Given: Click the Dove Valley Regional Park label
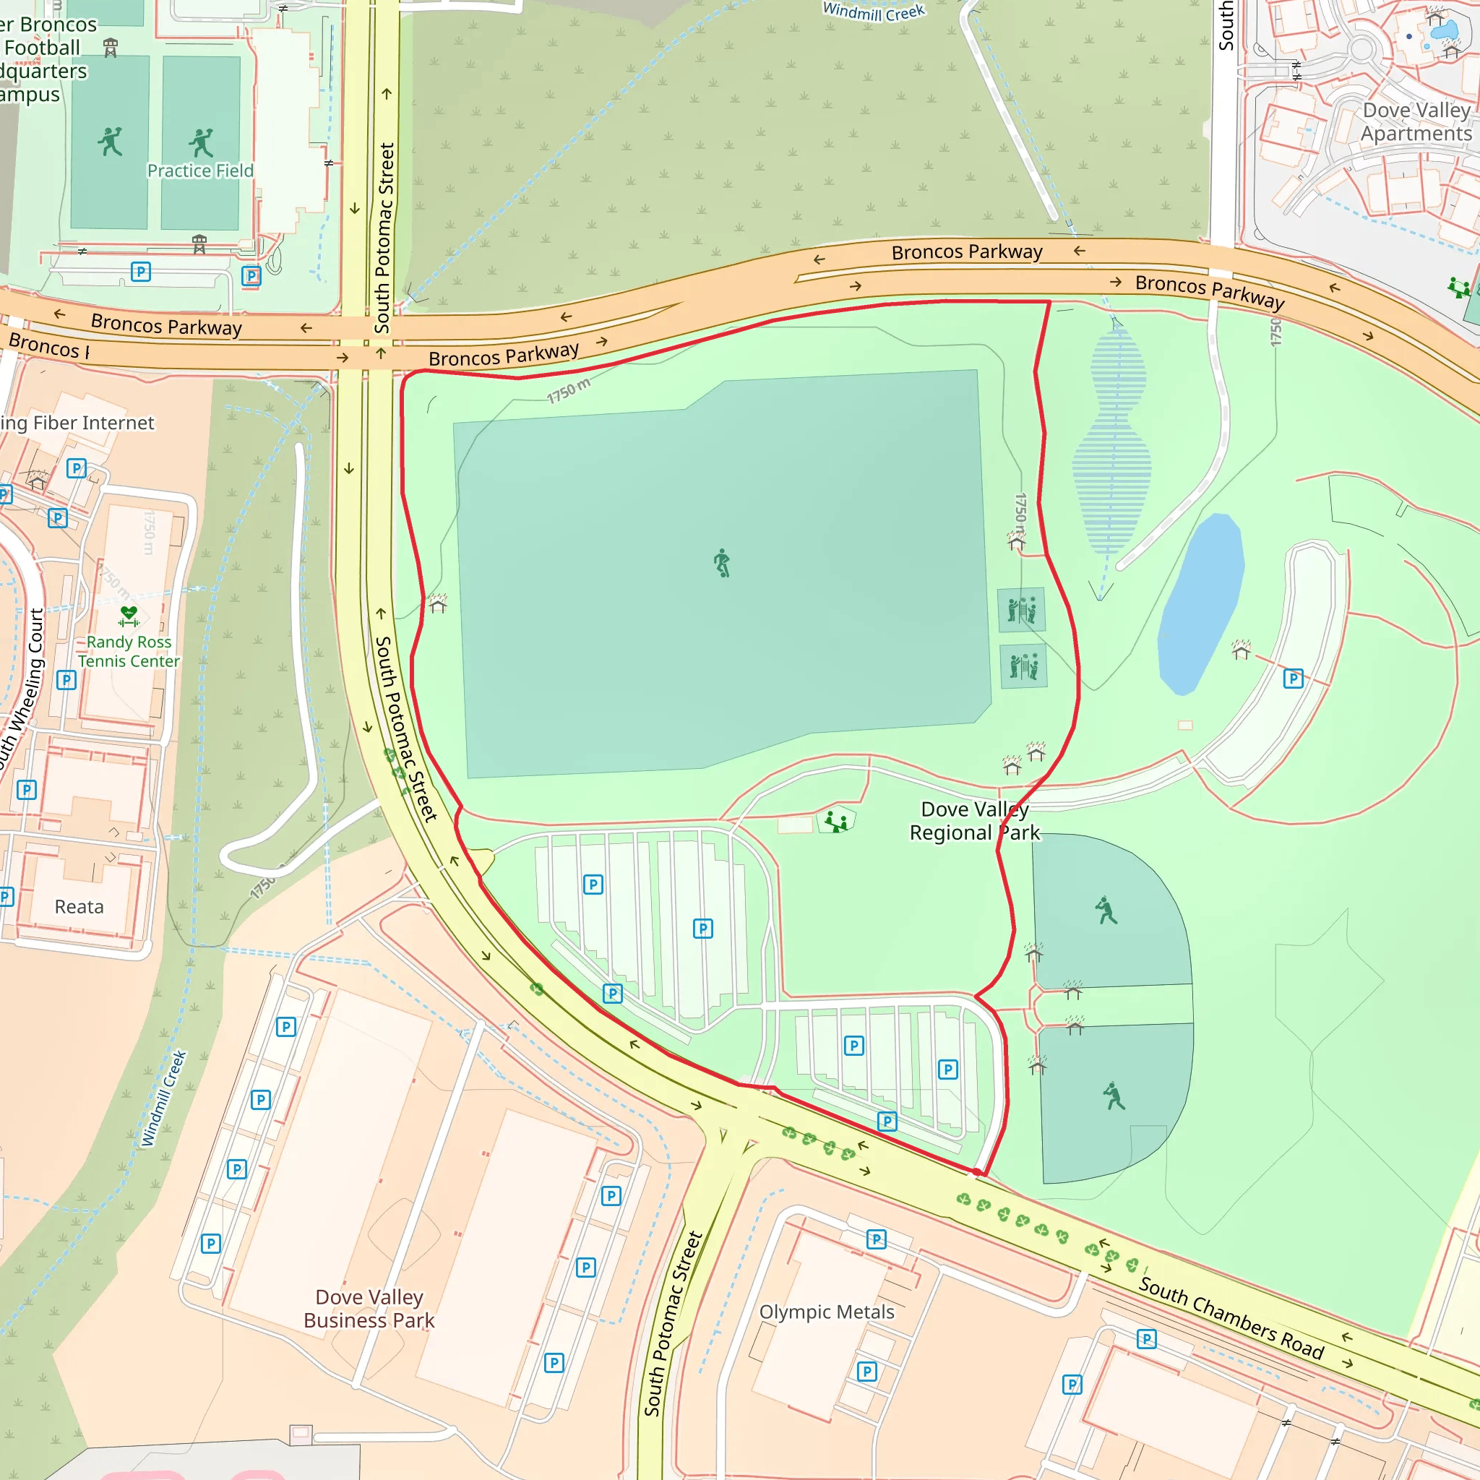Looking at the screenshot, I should click(973, 820).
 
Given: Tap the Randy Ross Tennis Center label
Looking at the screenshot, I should click(129, 651).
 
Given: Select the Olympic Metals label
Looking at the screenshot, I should click(827, 1312).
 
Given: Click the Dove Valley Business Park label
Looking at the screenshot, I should click(369, 1309).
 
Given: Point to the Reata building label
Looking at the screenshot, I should click(79, 907).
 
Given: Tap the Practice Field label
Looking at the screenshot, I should click(200, 171).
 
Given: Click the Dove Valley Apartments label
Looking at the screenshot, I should click(1416, 122).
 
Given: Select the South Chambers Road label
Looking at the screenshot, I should click(1231, 1317).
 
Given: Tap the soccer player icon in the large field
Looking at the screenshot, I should click(722, 563).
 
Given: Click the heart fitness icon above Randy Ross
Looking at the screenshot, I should click(129, 615).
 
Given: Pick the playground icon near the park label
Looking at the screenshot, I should click(836, 821).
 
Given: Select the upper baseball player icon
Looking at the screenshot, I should click(1106, 910).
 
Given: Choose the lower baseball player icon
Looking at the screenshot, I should click(1114, 1096).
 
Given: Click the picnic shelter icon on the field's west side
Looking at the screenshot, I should click(437, 603).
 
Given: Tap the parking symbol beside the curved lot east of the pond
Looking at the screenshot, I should click(1293, 679).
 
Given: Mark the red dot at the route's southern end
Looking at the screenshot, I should click(977, 1172).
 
